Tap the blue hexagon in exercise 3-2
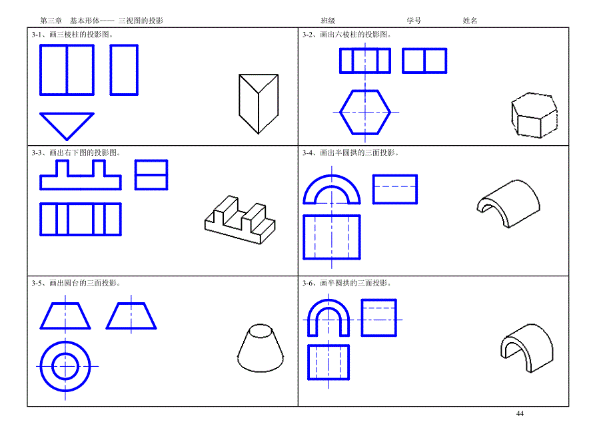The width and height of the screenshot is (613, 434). pos(340,112)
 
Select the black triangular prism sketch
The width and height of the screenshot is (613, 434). pos(259,104)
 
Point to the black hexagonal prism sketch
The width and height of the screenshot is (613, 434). pos(534,115)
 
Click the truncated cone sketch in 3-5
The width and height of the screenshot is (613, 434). pos(261,347)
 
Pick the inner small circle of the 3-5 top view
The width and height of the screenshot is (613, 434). pos(65,354)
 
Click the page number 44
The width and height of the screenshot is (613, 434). pos(520,413)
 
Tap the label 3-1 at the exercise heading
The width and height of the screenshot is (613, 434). pos(37,35)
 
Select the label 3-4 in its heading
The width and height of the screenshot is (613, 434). pos(307,152)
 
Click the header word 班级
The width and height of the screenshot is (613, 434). pos(328,21)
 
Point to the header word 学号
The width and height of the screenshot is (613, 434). pos(414,21)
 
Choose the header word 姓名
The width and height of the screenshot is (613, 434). pos(470,21)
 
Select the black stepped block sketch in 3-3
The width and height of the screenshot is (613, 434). pos(240,220)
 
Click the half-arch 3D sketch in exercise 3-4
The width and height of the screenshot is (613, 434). pos(508,204)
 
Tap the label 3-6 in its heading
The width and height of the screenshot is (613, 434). pos(307,283)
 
